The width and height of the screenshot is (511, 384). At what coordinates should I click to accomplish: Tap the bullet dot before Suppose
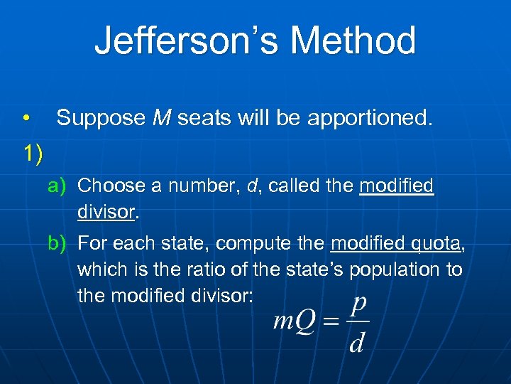[26, 118]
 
